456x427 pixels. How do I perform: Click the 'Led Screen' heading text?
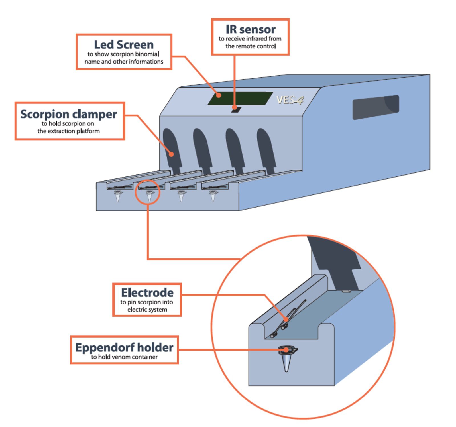point(124,45)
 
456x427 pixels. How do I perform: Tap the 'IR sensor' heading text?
point(251,29)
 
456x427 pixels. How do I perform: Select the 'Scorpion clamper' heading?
point(68,114)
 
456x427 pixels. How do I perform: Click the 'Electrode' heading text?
point(147,292)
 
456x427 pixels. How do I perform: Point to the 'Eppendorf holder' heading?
point(124,347)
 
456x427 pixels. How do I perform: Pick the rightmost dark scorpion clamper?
point(266,150)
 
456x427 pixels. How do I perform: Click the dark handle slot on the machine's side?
point(376,107)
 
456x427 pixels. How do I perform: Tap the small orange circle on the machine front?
point(148,192)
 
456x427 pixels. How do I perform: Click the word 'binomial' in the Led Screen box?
point(147,54)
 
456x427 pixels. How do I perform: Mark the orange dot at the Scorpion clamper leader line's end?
point(171,154)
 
